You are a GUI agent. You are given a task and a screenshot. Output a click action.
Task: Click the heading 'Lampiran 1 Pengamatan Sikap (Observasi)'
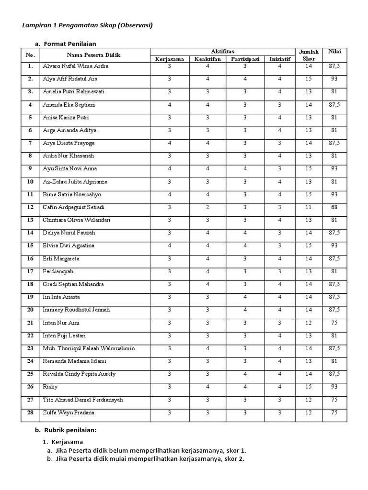(87, 25)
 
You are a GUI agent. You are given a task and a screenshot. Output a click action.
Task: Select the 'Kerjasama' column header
(169, 59)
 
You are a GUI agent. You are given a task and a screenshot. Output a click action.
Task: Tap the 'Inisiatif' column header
(279, 59)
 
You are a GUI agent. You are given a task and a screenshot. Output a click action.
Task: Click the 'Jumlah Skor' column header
(308, 55)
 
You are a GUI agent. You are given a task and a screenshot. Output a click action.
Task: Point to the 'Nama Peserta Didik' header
(93, 55)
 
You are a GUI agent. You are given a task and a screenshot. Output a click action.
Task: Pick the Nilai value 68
(334, 207)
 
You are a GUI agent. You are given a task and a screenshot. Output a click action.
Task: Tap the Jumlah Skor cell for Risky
(308, 387)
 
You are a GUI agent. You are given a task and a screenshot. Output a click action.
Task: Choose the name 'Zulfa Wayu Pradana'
(69, 412)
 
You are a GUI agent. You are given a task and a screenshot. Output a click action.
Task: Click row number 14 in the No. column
(30, 233)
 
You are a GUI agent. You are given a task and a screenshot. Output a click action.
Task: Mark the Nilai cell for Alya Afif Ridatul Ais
(334, 79)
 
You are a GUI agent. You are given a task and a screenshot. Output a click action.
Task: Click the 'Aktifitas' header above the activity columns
(222, 51)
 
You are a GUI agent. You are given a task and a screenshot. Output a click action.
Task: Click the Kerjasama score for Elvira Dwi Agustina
(169, 245)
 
